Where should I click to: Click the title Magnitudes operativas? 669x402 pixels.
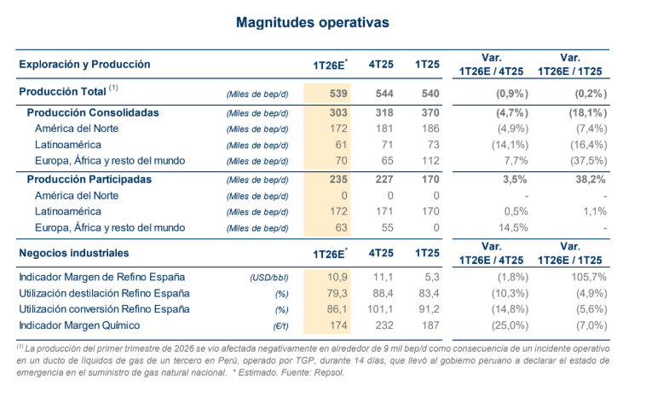click(334, 22)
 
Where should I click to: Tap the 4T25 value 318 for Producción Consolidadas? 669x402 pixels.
click(379, 112)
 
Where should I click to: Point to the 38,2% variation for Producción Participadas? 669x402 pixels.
click(588, 179)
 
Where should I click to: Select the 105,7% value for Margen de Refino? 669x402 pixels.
click(587, 276)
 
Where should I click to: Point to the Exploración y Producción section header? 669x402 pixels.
click(84, 64)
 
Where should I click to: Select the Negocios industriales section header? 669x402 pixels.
click(74, 253)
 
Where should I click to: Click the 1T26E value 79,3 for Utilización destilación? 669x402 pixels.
click(335, 292)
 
